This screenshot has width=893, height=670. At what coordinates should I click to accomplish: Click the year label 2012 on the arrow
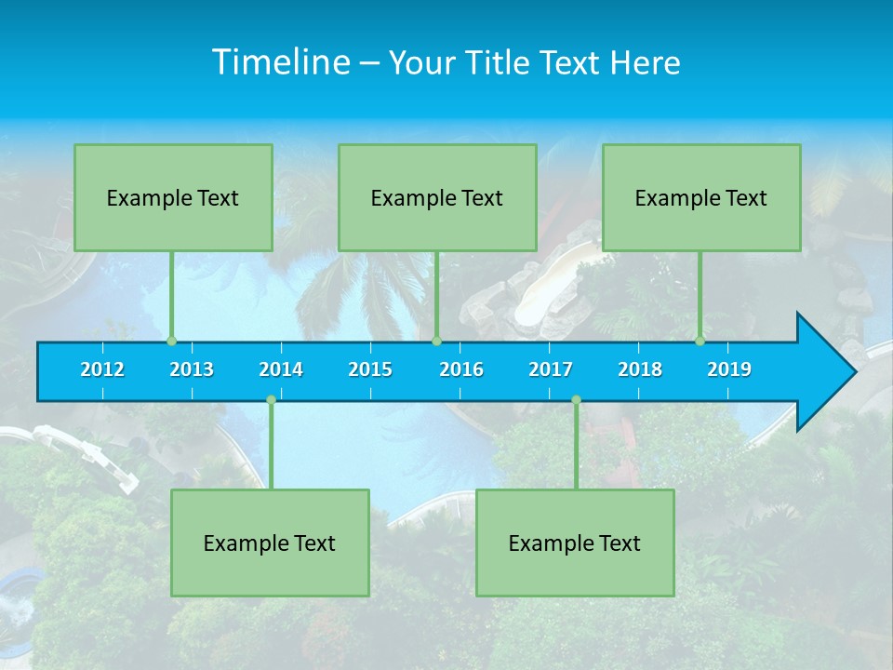click(102, 369)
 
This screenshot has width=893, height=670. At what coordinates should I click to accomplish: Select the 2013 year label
click(192, 369)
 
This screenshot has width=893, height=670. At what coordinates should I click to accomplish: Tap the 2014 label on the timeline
click(281, 369)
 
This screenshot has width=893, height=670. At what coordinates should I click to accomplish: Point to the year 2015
click(370, 369)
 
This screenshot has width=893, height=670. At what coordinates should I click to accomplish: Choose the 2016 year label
click(461, 369)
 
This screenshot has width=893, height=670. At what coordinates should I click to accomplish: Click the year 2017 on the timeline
click(551, 369)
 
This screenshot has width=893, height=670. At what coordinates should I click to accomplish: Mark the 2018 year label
click(640, 369)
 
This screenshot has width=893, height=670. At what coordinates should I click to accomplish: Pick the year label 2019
click(729, 369)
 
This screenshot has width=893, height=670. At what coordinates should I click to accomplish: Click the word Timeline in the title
click(282, 62)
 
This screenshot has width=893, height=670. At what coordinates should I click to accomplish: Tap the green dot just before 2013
click(171, 341)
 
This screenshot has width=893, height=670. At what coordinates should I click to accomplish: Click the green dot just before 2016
click(436, 341)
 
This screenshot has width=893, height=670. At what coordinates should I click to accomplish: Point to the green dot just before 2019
click(700, 341)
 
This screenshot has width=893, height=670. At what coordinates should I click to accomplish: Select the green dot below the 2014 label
click(271, 399)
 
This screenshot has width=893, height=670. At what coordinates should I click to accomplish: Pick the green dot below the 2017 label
click(576, 399)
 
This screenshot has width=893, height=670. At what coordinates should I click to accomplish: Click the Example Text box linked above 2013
click(173, 197)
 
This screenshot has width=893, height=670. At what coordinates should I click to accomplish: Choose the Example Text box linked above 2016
click(437, 197)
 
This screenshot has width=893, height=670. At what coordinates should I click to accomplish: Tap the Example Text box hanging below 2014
click(270, 543)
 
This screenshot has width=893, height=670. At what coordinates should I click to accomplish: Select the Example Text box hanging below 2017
click(575, 543)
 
